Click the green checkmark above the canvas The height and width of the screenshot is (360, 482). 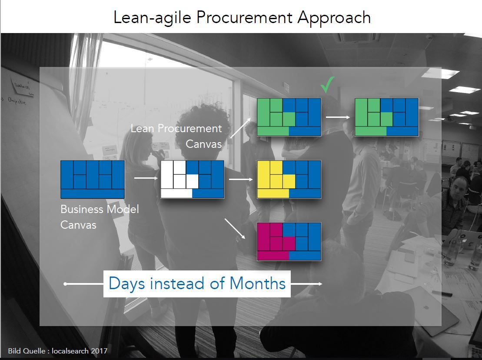[x=328, y=85]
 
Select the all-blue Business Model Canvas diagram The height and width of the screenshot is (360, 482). [x=93, y=179]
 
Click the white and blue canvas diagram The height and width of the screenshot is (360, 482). [x=192, y=179]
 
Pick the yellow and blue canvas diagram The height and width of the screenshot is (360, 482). [x=289, y=179]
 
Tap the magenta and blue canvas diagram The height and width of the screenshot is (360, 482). [x=289, y=241]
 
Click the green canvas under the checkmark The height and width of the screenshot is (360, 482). [x=289, y=117]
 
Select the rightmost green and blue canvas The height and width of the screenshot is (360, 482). [x=387, y=117]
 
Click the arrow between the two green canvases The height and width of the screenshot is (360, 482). [x=338, y=117]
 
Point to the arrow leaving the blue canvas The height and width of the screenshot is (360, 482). [x=143, y=178]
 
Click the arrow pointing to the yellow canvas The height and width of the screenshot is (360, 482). [x=240, y=179]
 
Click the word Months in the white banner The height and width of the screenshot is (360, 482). [x=257, y=283]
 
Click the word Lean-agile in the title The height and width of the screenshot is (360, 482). [x=152, y=17]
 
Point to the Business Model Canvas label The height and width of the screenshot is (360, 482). [x=100, y=217]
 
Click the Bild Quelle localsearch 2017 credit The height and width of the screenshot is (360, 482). [x=57, y=350]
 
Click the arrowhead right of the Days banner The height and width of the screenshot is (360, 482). [x=320, y=284]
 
